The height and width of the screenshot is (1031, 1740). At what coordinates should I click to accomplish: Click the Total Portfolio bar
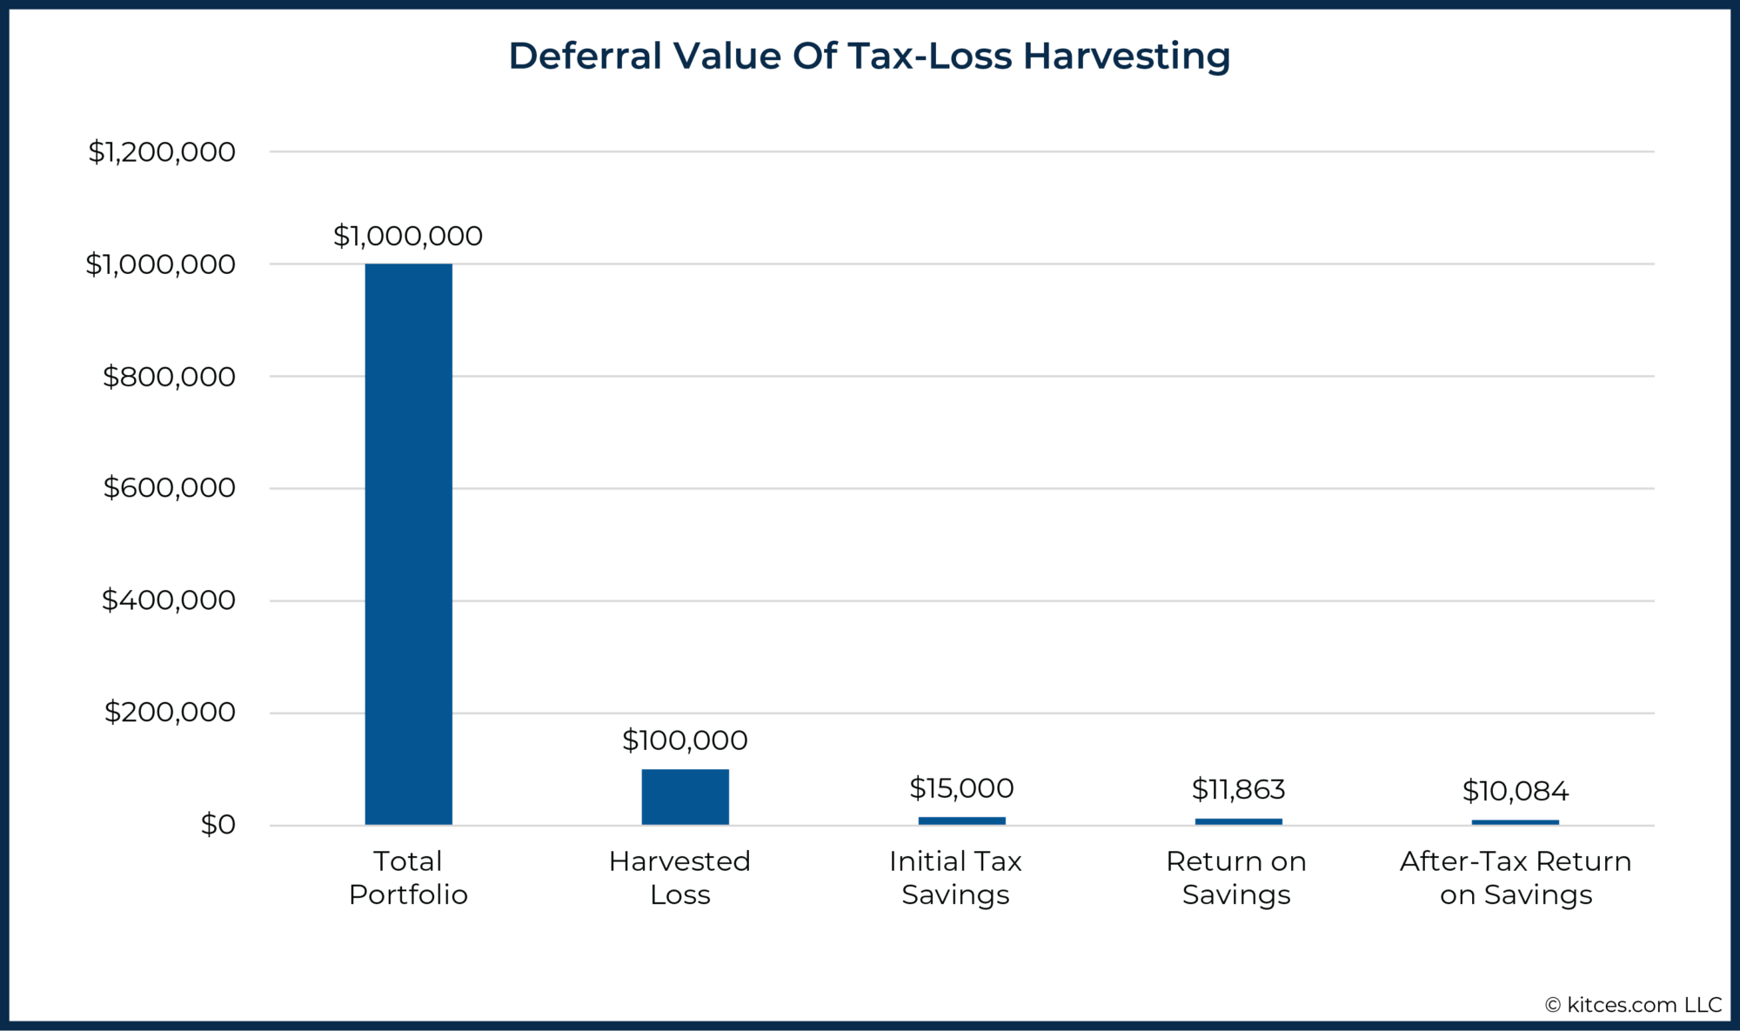pos(408,544)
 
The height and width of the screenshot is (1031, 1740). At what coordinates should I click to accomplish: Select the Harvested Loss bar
pos(685,796)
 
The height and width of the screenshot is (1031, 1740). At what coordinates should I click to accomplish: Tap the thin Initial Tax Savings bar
pos(961,820)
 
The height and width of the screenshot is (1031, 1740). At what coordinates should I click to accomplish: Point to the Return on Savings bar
pos(1238,821)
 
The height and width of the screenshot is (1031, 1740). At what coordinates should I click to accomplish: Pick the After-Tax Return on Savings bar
pos(1515,822)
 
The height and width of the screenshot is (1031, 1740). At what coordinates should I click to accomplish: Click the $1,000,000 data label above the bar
pos(408,236)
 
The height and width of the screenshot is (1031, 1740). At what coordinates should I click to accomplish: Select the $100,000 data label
pos(685,740)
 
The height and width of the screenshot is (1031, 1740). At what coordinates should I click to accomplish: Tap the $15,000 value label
pos(961,788)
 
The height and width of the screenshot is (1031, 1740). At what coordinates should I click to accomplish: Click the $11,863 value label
pos(1238,789)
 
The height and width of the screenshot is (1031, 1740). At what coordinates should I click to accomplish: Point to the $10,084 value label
pos(1515,791)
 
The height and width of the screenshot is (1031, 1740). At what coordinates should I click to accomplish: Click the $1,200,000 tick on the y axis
pos(162,152)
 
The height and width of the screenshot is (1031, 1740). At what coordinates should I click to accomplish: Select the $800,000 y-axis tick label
pos(169,377)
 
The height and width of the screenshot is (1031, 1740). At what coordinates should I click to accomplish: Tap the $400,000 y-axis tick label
pos(169,600)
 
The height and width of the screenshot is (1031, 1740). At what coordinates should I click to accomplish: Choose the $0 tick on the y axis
pos(217,825)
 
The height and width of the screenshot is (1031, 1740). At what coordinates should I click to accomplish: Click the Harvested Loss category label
pos(679,877)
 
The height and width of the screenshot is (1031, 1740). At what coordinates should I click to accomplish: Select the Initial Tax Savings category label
pos(955,877)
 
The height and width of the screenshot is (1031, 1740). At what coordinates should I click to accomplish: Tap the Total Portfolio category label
pos(408,877)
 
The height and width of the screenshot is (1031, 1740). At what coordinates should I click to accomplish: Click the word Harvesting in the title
pos(1126,57)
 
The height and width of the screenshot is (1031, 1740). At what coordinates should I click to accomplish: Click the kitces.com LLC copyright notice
pos(1633,1005)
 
